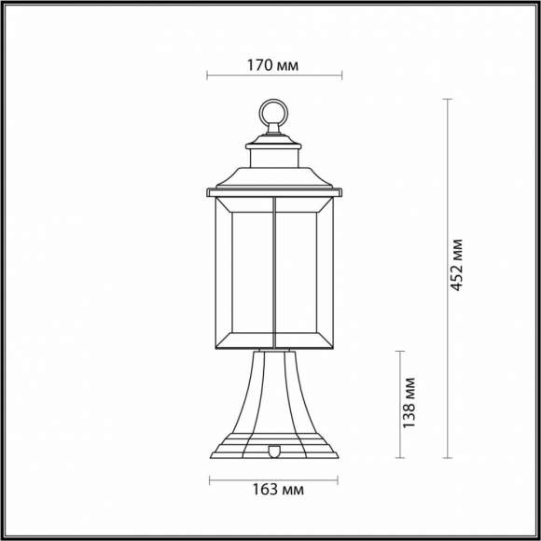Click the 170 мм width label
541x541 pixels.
[x=273, y=65]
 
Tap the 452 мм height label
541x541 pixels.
[x=456, y=264]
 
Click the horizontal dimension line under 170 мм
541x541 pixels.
[x=273, y=77]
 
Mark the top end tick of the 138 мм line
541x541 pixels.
[x=401, y=351]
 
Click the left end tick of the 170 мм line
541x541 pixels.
[x=206, y=77]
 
